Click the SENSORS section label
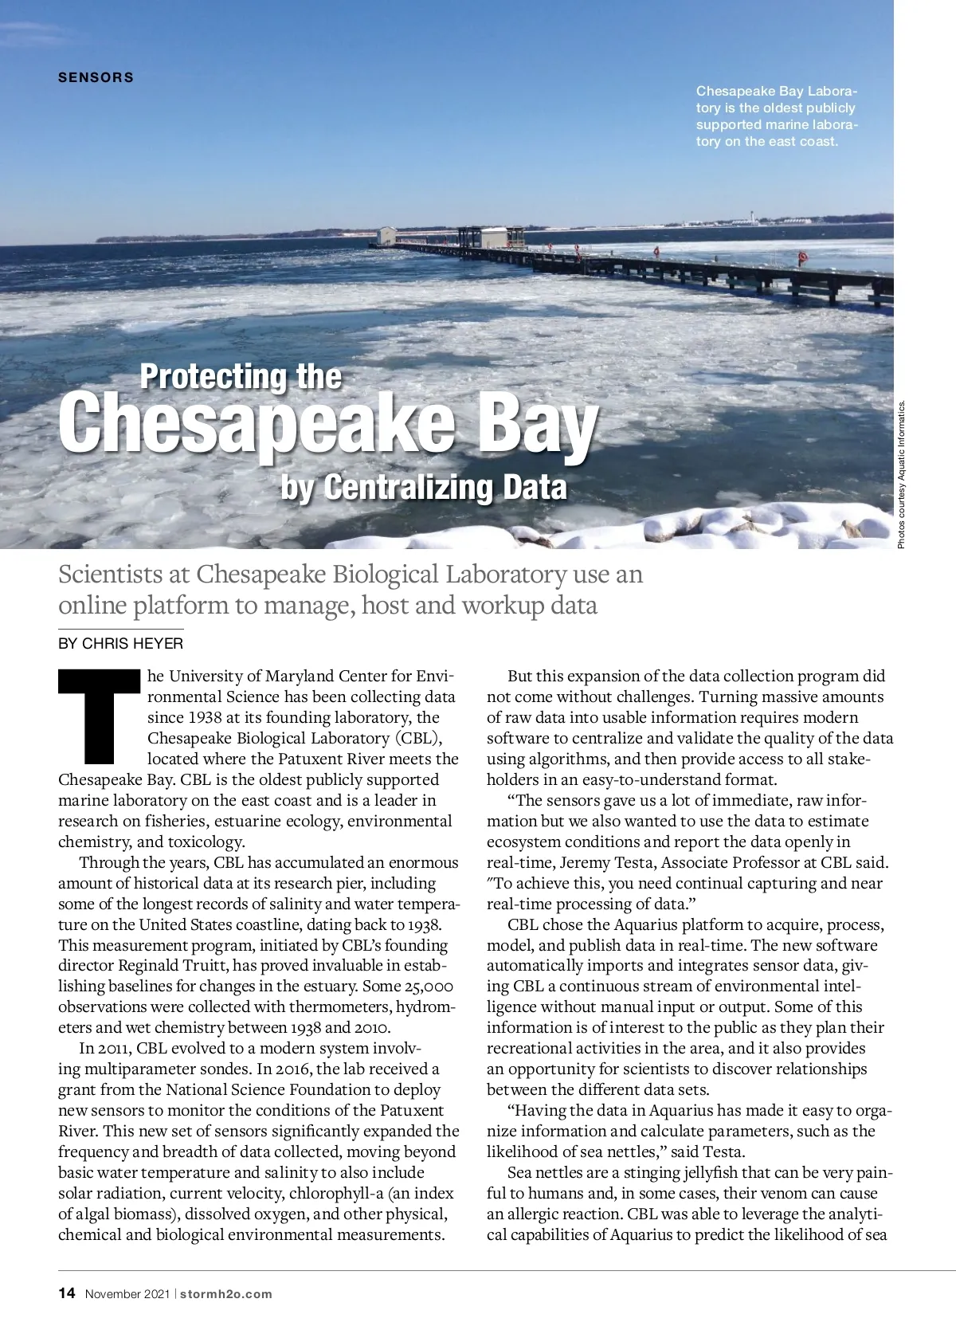point(96,77)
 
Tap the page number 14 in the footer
point(67,1293)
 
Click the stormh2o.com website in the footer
point(226,1293)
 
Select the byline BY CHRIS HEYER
point(120,643)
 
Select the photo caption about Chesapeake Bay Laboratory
point(776,116)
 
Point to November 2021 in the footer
point(127,1293)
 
